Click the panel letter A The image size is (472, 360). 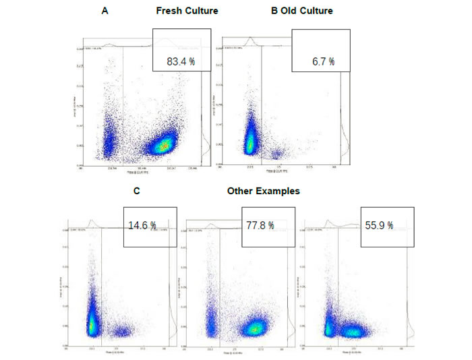click(105, 11)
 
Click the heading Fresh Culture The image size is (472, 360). click(187, 11)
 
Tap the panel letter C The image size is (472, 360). click(137, 191)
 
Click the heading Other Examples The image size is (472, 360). click(263, 191)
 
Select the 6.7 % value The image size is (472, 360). click(322, 61)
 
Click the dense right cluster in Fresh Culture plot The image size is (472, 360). click(163, 144)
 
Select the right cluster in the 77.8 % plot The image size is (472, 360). click(256, 328)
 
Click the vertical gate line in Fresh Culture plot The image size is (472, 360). click(123, 108)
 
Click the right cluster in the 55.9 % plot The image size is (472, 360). click(351, 331)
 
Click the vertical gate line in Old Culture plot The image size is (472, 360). click(262, 108)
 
